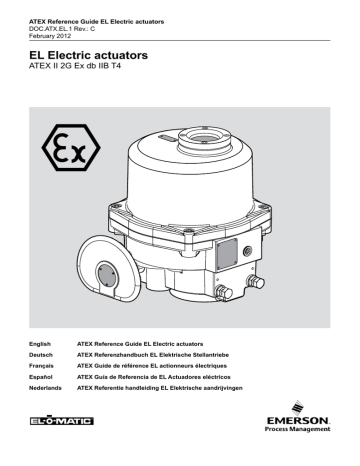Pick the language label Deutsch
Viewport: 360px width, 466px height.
[x=42, y=356]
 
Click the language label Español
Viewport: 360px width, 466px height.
[x=42, y=380]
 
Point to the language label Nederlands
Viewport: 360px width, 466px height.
[x=46, y=392]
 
